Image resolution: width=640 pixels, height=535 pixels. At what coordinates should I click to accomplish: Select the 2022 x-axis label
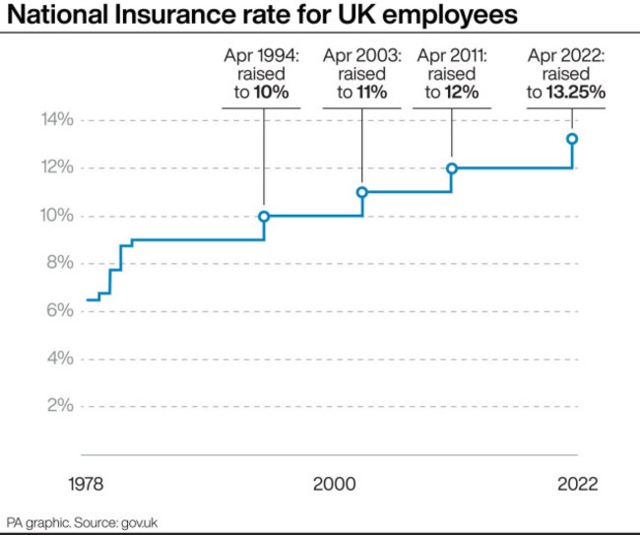577,485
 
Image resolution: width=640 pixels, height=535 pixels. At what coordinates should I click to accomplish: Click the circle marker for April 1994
264,216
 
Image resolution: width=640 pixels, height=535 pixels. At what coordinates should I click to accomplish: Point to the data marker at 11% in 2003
361,192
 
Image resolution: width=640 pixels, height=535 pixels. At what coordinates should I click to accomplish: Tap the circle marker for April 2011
452,168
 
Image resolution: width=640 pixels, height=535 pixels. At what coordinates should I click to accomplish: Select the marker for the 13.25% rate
571,139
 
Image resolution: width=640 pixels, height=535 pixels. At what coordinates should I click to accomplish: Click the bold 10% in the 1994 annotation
272,94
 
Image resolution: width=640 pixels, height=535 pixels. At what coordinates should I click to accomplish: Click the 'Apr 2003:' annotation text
361,54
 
